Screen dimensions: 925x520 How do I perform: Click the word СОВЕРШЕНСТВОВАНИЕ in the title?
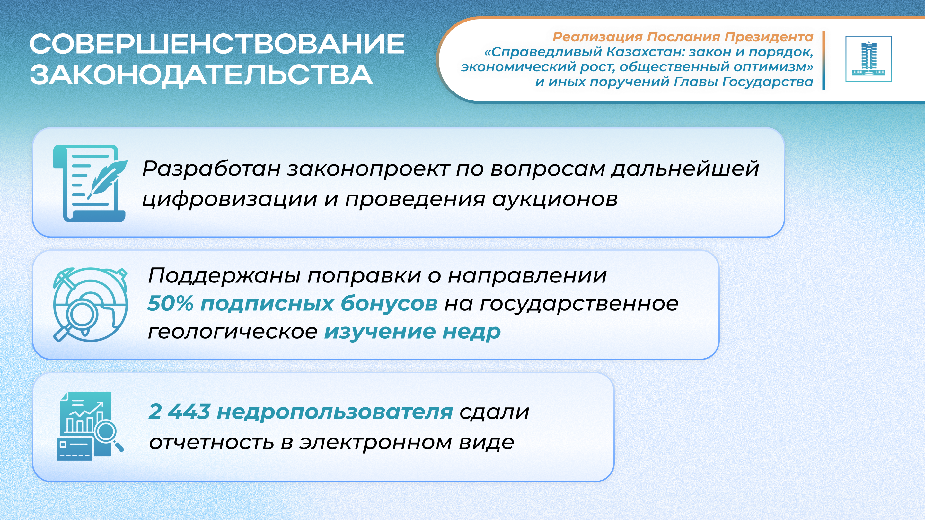click(x=217, y=44)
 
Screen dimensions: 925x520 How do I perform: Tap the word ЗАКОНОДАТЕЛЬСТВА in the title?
click(x=201, y=75)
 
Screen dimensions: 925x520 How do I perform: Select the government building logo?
click(x=868, y=59)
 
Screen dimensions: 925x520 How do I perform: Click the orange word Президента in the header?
click(x=769, y=37)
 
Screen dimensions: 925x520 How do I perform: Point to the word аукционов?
click(x=555, y=200)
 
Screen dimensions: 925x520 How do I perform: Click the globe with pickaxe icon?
click(x=91, y=305)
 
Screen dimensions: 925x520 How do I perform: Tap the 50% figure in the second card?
click(x=171, y=303)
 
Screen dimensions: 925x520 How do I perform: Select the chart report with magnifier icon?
click(x=91, y=426)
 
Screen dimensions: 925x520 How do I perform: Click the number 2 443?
click(x=179, y=411)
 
